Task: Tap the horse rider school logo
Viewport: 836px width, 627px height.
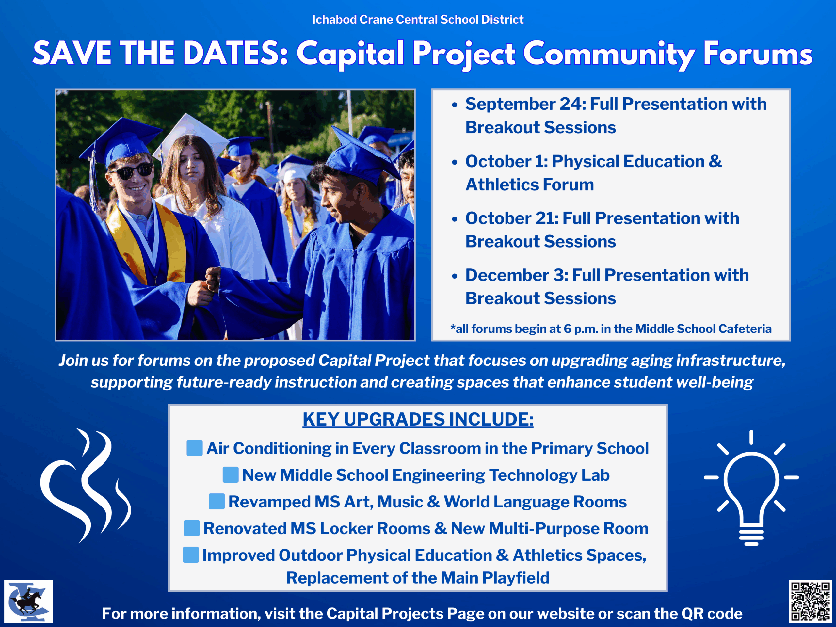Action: coord(28,601)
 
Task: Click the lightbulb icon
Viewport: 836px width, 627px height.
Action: coord(751,488)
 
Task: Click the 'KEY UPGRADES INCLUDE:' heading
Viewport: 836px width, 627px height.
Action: coord(418,419)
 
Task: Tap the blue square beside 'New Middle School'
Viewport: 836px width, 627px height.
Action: coord(231,475)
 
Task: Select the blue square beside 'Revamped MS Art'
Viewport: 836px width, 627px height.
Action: coord(217,502)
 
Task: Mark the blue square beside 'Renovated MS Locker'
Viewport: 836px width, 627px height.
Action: coord(192,528)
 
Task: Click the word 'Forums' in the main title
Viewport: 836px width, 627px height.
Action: coord(757,54)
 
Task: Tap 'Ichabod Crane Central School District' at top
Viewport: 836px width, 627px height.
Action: coord(418,19)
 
